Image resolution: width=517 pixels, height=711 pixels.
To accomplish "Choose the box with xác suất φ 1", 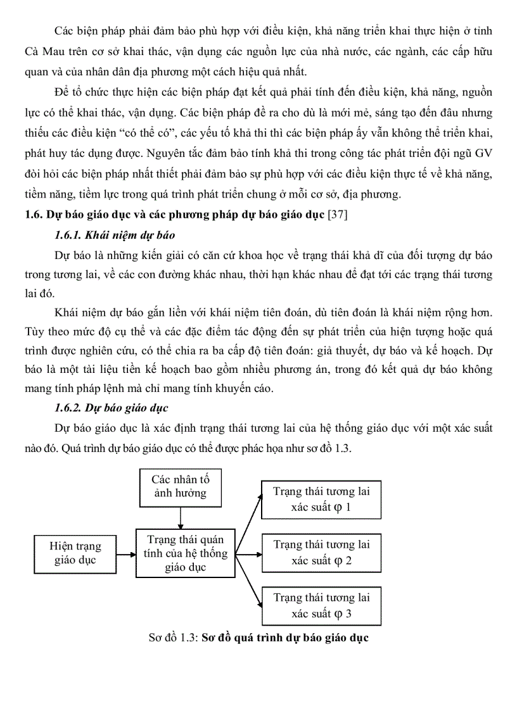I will [321, 500].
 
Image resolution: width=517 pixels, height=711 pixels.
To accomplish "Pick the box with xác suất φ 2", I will [321, 553].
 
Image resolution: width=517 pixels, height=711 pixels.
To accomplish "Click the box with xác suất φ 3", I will [321, 605].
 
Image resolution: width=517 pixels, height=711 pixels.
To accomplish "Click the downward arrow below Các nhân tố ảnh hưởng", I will [181, 517].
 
